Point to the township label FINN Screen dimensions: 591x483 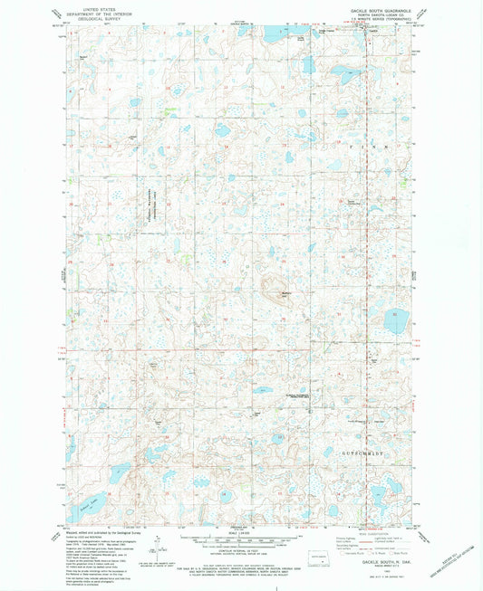click(367, 143)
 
